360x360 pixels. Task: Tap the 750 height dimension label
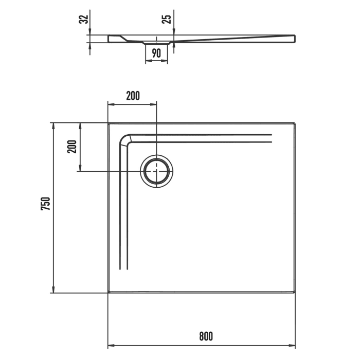tap(45, 204)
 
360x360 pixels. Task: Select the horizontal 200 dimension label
tap(132, 95)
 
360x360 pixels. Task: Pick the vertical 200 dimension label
tap(72, 147)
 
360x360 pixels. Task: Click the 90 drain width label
tap(157, 53)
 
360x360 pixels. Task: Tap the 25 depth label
tap(166, 20)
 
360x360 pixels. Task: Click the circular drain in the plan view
tap(157, 170)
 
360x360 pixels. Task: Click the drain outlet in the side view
tap(157, 43)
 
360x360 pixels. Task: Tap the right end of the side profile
tap(294, 39)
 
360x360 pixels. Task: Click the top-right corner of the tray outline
tap(295, 123)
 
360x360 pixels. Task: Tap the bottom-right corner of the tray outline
tap(295, 293)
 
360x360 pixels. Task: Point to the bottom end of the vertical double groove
tap(123, 269)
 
